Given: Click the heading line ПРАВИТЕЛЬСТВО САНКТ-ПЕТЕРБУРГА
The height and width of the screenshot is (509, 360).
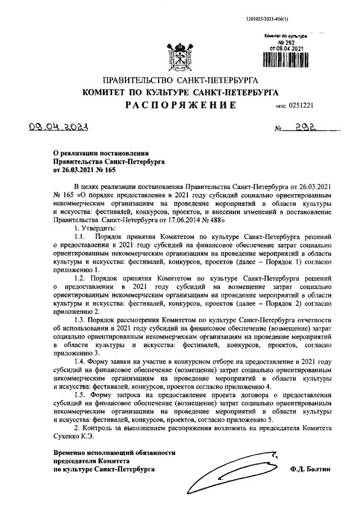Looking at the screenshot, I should click(179, 80).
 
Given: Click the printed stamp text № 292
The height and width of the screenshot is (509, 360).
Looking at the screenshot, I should click(287, 42).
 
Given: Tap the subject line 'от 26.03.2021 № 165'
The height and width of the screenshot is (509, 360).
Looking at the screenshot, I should click(85, 169).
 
